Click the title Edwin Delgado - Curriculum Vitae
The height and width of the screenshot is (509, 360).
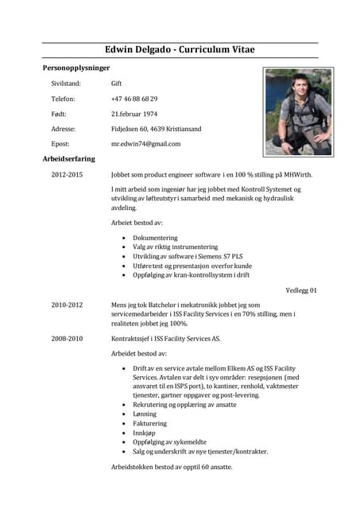click(180, 50)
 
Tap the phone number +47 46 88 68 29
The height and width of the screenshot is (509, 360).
click(134, 98)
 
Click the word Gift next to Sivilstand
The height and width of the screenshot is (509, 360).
click(117, 83)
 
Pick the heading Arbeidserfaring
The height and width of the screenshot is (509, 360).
click(68, 158)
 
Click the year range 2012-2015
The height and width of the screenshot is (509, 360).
click(67, 173)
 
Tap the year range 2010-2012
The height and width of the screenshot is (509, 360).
click(67, 304)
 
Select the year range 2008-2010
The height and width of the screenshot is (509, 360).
click(67, 338)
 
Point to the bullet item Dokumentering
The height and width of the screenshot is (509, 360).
click(155, 238)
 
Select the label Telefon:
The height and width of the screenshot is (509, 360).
click(63, 98)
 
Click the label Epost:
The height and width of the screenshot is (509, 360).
click(60, 143)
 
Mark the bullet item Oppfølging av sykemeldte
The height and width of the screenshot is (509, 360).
click(170, 441)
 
